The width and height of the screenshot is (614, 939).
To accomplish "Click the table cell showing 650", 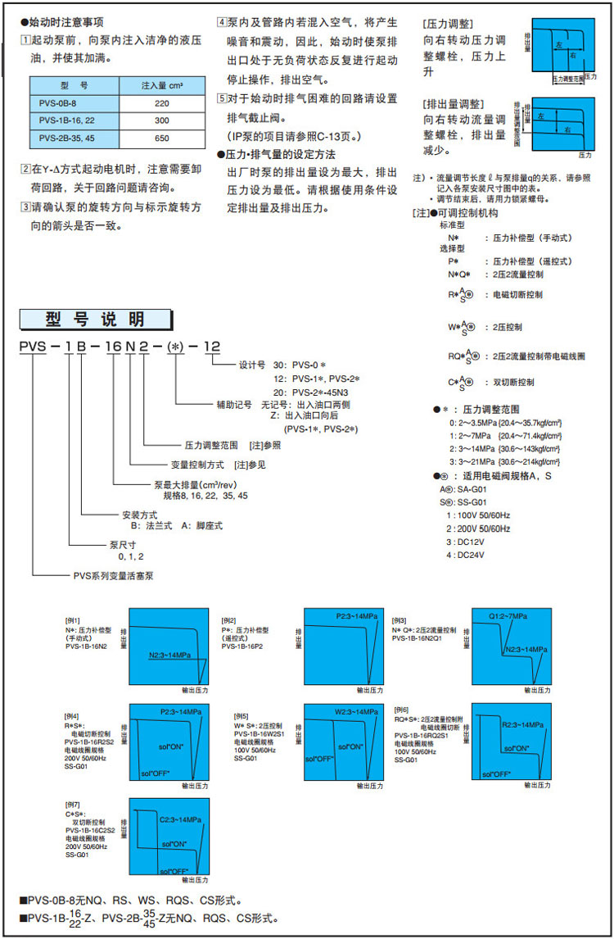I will coord(160,138).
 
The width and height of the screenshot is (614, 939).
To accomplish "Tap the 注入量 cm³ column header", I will coord(160,85).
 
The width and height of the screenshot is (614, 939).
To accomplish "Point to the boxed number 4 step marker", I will coord(221,22).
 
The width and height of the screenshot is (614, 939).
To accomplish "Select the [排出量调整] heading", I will coord(454,104).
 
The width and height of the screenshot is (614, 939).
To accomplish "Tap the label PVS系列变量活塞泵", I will coord(113,575).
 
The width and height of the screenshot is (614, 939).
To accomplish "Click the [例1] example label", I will coord(73,620).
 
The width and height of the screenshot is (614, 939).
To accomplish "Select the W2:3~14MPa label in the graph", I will coord(356,711).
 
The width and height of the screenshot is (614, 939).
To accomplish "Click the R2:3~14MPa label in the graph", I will coord(521,726).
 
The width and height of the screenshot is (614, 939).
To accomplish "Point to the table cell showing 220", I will coord(160,104).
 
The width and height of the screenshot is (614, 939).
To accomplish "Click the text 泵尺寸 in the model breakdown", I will coord(123,543).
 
